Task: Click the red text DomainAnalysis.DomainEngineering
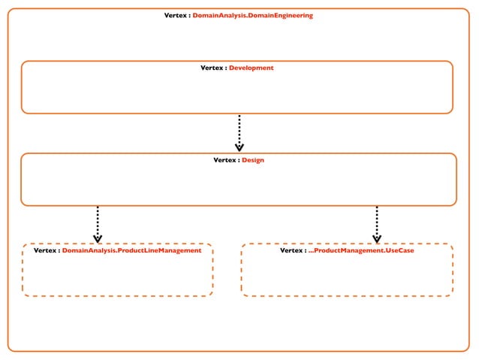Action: click(x=252, y=16)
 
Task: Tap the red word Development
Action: click(x=251, y=68)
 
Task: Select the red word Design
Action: click(x=252, y=160)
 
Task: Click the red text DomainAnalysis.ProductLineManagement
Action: click(x=131, y=250)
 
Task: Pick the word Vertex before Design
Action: click(x=225, y=160)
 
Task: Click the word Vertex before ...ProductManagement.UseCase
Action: click(x=292, y=250)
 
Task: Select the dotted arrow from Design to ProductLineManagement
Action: click(x=98, y=222)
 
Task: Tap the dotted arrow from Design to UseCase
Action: click(x=376, y=222)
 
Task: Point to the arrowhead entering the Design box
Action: click(x=239, y=147)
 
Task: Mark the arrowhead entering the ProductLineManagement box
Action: click(x=98, y=238)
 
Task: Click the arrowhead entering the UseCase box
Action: click(x=376, y=238)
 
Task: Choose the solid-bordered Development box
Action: click(x=236, y=94)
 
